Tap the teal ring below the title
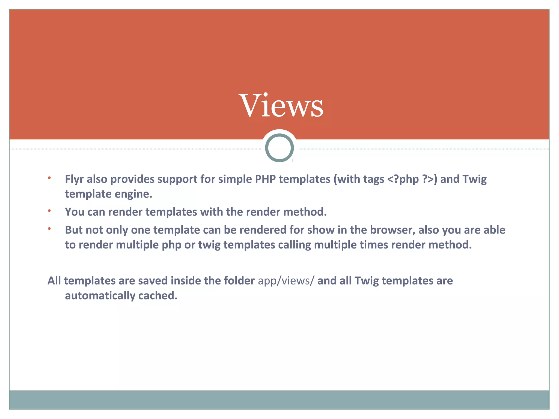[x=279, y=148]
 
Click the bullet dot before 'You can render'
[x=49, y=211]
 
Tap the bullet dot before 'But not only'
[x=49, y=229]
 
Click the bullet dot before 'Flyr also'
[x=49, y=178]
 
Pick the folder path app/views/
[x=286, y=281]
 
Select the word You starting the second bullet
[x=75, y=212]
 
